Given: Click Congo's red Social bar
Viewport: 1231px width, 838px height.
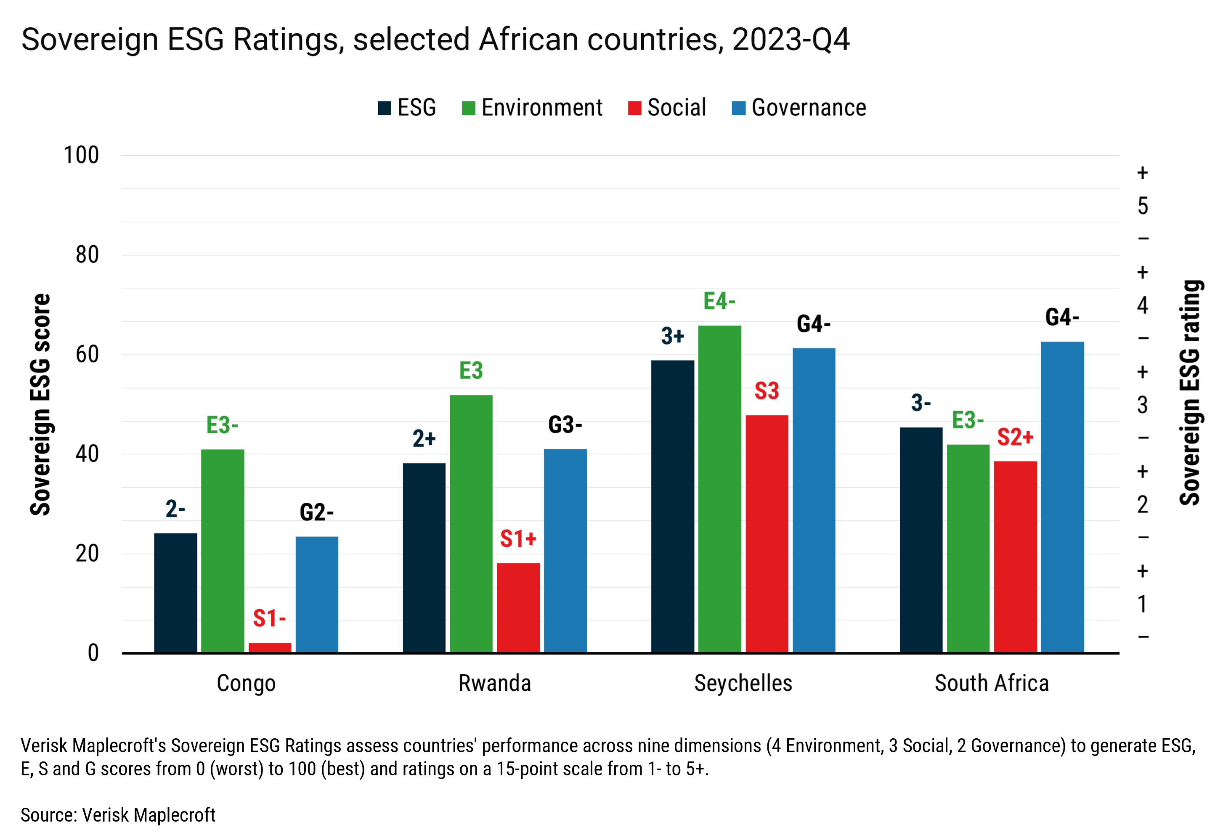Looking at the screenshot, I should (x=270, y=647).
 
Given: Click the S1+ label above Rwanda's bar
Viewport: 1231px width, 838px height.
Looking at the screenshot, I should (x=518, y=539).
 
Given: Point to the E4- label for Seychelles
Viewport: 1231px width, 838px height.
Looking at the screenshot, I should (x=719, y=301).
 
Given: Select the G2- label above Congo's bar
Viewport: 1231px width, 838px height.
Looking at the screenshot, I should (x=316, y=512).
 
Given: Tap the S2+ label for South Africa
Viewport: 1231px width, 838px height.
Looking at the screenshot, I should (x=1015, y=437).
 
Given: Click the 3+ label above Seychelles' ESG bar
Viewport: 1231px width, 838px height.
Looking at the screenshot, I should (x=672, y=336).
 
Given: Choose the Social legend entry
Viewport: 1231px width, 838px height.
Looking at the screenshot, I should (x=667, y=108).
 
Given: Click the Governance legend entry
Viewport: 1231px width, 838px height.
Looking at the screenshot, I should (x=799, y=108).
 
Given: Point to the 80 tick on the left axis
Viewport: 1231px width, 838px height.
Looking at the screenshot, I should (x=87, y=255).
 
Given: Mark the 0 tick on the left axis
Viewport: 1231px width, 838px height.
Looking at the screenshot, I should (x=93, y=652).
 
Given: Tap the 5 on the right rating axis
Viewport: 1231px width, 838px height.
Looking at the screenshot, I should (x=1143, y=206).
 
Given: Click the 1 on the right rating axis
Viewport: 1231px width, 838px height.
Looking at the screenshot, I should (x=1143, y=604).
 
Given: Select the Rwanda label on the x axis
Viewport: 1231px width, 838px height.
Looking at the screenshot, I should (x=494, y=683).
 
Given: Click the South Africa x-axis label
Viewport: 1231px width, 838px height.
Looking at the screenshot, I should (x=991, y=683).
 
